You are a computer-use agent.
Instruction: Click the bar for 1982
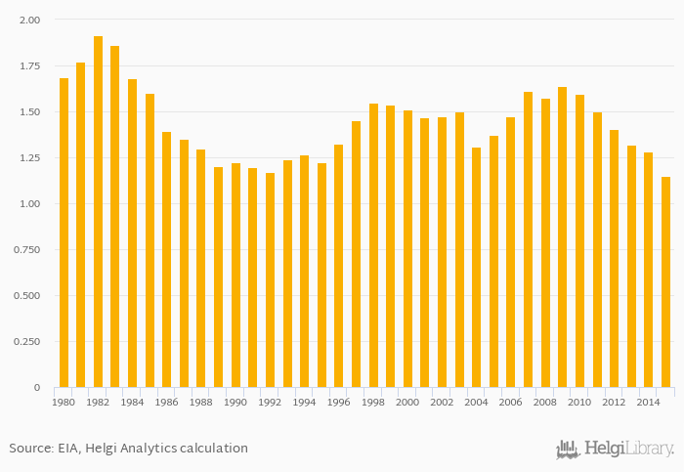(98, 211)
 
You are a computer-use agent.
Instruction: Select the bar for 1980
(64, 233)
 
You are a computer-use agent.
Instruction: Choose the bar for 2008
(545, 242)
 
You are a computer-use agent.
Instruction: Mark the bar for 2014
(648, 270)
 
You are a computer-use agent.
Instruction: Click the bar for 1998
(373, 245)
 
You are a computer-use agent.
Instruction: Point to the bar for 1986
(167, 259)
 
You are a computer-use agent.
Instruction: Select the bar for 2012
(614, 258)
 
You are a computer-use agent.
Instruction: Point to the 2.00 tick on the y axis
(29, 21)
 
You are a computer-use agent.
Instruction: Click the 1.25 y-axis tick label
(29, 158)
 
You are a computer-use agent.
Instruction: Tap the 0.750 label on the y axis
(27, 250)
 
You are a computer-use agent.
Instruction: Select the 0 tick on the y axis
(37, 388)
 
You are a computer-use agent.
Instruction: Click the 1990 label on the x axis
(235, 403)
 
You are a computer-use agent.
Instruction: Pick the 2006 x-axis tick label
(510, 403)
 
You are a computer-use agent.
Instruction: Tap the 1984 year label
(132, 403)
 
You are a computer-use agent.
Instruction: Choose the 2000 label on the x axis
(407, 403)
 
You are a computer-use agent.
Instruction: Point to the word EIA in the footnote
(75, 449)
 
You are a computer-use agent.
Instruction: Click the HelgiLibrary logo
(615, 450)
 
